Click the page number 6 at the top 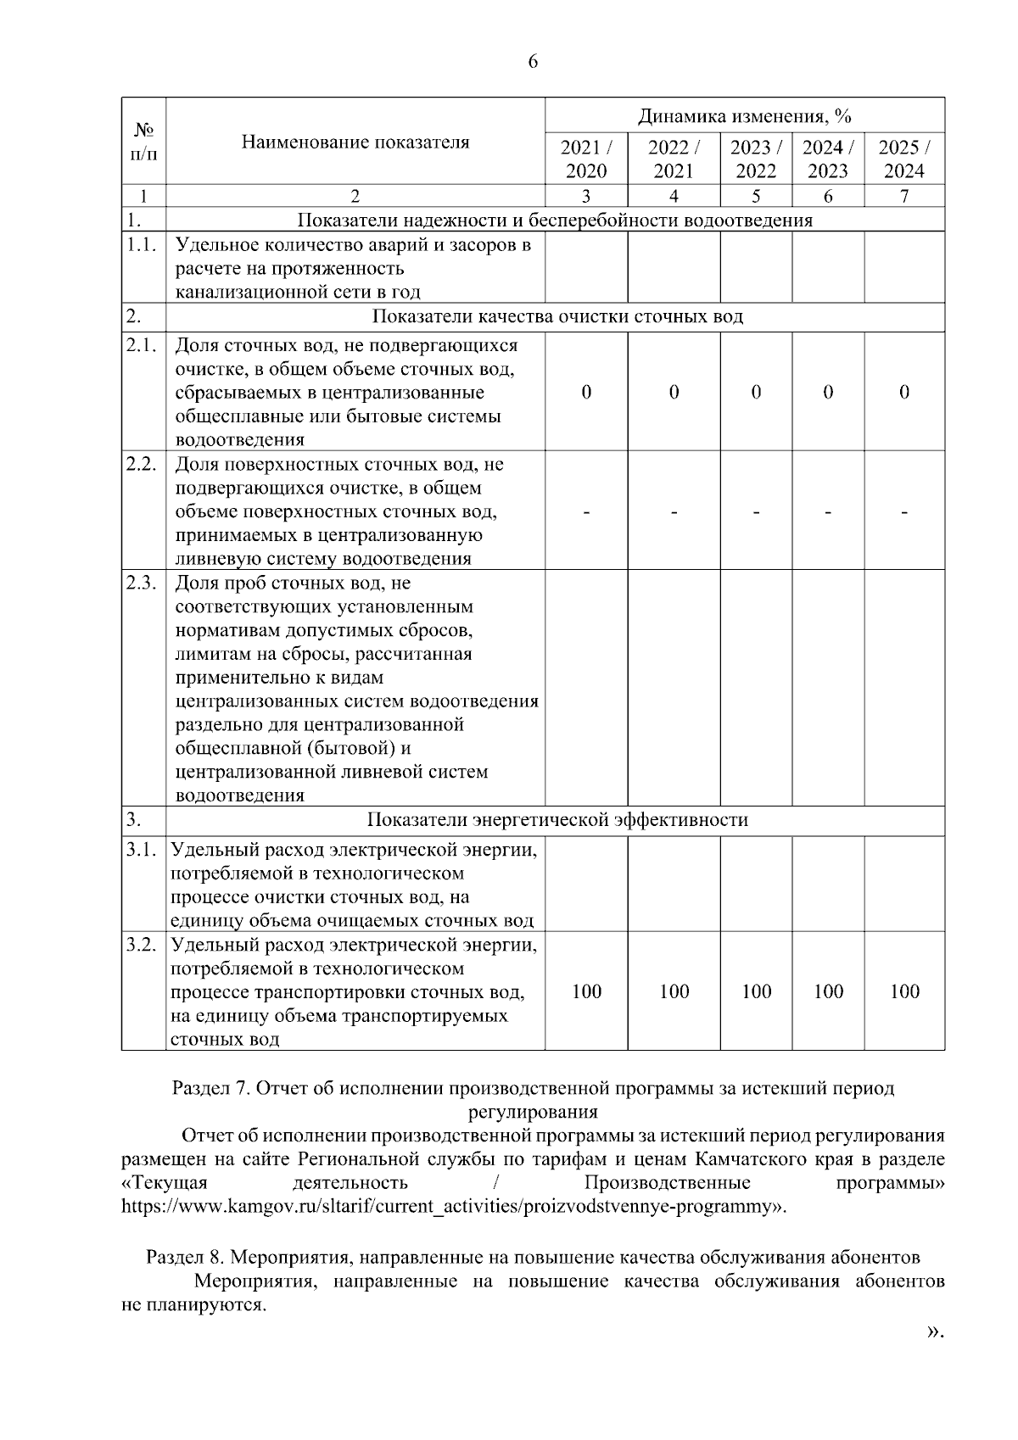tap(533, 62)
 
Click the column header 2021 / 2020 tap(586, 159)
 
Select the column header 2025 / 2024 tap(904, 159)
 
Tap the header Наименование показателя tap(355, 142)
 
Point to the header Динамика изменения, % tap(744, 115)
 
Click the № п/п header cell tap(143, 142)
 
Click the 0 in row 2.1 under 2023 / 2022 tap(756, 392)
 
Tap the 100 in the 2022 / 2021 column tap(674, 991)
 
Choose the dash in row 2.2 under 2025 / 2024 tap(904, 511)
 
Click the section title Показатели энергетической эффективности tap(557, 820)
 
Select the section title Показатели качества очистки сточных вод tap(557, 317)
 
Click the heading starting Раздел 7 tap(533, 1088)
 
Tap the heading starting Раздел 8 tap(533, 1257)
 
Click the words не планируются tap(193, 1305)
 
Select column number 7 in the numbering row tap(904, 196)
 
